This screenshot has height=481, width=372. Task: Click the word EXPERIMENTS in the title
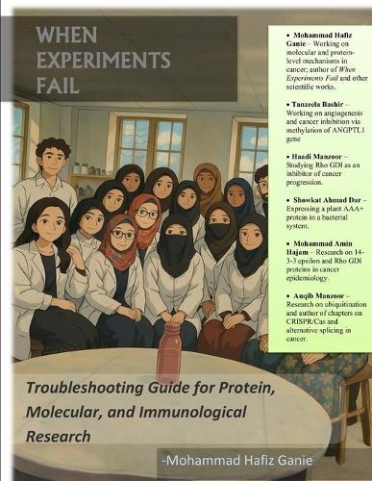tap(103, 60)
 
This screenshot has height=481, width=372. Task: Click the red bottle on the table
tap(169, 352)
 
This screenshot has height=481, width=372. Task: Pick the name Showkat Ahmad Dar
tap(317, 203)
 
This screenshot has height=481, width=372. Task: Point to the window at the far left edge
tap(18, 139)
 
